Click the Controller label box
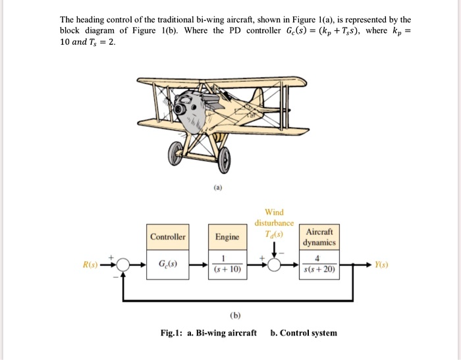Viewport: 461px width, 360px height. (168, 237)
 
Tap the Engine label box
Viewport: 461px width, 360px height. (227, 237)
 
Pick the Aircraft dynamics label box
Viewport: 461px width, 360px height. (319, 237)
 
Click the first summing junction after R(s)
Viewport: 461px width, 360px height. (121, 266)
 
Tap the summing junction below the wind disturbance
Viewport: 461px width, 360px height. (274, 266)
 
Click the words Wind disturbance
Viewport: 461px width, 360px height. (274, 218)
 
